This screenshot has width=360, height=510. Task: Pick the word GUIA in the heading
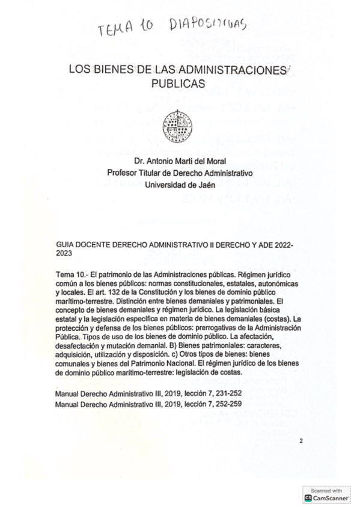click(64, 246)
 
